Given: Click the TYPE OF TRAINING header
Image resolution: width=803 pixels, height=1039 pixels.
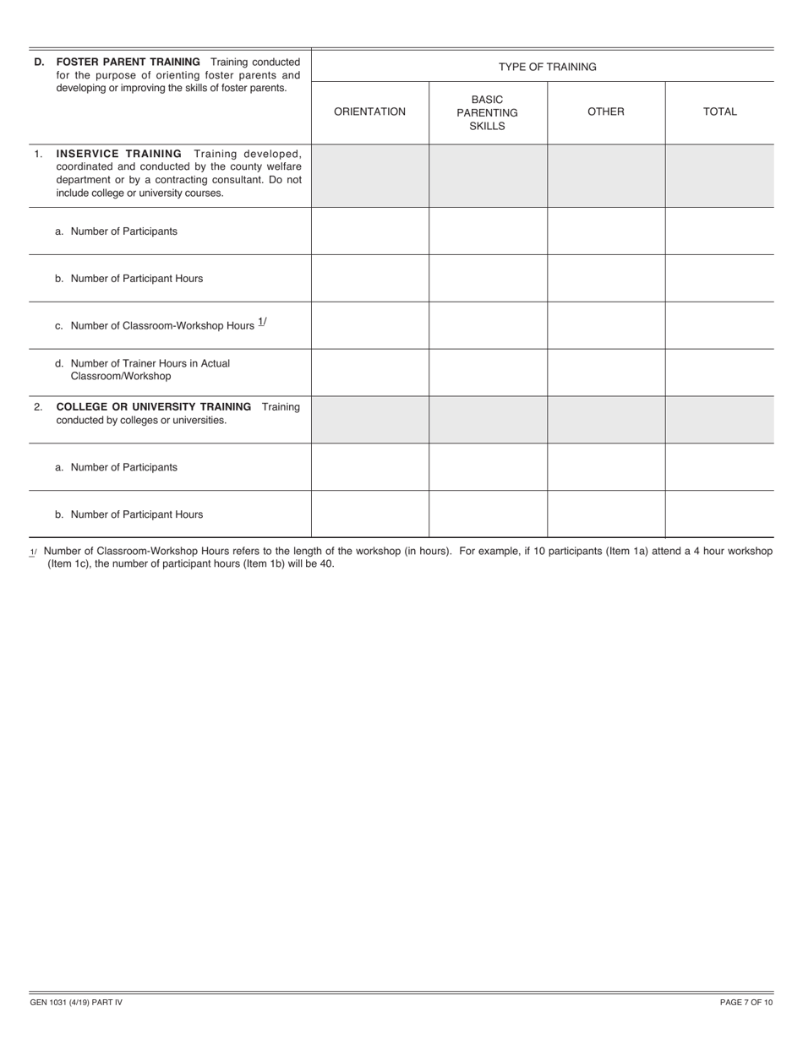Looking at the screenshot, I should tap(547, 67).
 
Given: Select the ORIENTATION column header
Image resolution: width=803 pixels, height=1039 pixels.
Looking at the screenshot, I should tap(369, 112).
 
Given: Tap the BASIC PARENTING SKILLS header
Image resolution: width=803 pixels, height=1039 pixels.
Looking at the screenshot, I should tap(487, 112).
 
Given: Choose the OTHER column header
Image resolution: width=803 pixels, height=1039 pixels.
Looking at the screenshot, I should tap(605, 112).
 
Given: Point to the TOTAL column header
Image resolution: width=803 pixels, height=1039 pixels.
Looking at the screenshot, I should tap(719, 112).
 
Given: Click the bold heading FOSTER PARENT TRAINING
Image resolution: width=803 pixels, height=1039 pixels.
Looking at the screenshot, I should tap(128, 62).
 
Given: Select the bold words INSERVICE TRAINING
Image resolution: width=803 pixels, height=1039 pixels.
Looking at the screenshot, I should tap(118, 154).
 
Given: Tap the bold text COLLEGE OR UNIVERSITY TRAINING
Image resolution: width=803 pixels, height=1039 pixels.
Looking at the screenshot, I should tap(153, 406).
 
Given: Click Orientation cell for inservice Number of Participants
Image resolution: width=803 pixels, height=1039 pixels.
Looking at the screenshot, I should tap(369, 231).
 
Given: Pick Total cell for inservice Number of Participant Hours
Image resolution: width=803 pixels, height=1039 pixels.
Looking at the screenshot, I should tap(719, 278).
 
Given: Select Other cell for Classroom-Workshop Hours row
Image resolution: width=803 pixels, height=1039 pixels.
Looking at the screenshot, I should tap(605, 325).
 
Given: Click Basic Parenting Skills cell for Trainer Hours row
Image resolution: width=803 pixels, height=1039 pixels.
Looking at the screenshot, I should tap(487, 372).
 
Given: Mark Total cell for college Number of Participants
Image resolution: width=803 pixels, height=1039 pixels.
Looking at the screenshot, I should tap(719, 466).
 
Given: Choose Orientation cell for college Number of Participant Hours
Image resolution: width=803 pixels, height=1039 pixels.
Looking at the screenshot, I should tap(369, 514).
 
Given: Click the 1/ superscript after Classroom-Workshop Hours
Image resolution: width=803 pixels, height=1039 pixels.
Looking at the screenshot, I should tap(262, 322).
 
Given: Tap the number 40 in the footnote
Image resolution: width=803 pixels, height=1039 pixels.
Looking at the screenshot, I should tap(326, 563).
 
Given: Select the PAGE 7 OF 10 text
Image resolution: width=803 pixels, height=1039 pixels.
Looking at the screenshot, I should tap(746, 1003).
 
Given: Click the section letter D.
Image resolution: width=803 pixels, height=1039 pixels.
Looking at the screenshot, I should tap(39, 63).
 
